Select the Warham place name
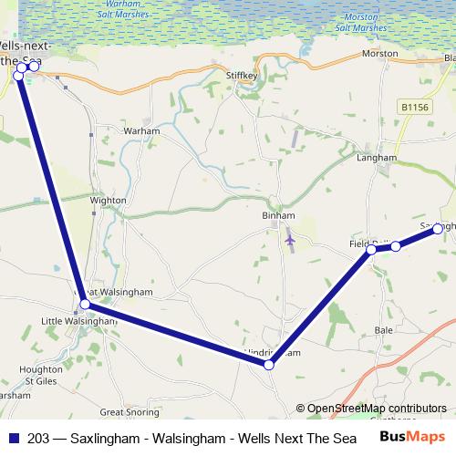pos(140,131)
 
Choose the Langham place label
pos(377,157)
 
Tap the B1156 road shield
pos(414,108)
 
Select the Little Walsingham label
pos(79,321)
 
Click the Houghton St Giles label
pos(42,373)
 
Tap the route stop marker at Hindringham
pos(269,365)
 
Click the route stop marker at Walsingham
pos(84,304)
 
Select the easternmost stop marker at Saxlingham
pos(438,228)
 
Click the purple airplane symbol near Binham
pos(290,239)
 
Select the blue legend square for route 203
pos(15,437)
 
